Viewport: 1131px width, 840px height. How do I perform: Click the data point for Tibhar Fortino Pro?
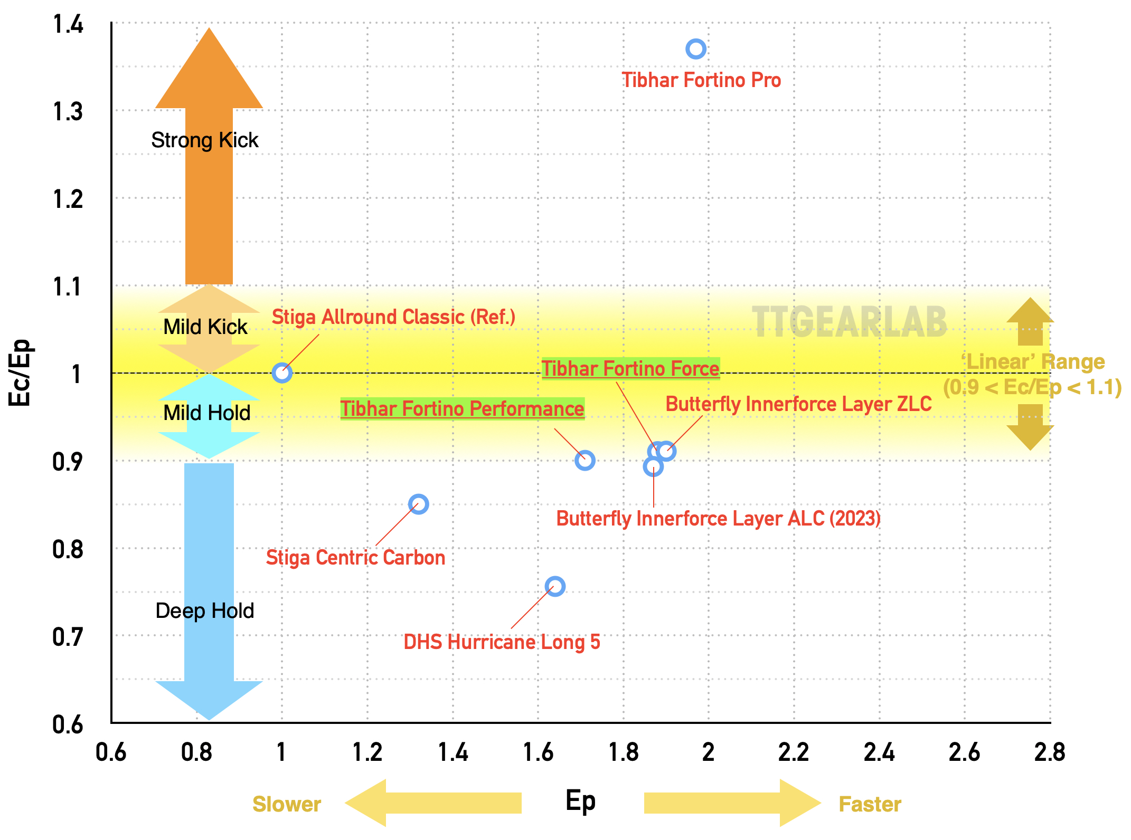[x=695, y=49]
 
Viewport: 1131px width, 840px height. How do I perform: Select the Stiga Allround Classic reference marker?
[x=281, y=373]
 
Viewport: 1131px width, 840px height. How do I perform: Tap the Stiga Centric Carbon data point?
[x=418, y=504]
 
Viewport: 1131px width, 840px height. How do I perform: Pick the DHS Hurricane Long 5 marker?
[x=554, y=586]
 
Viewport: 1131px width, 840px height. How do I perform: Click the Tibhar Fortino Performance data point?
[x=585, y=460]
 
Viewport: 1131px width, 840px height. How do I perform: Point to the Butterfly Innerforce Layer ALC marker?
[x=653, y=466]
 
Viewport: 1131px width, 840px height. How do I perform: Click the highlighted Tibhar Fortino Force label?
[x=630, y=368]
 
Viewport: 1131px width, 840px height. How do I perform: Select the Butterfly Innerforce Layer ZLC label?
[x=798, y=404]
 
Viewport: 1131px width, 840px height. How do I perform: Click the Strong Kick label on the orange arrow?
[x=205, y=140]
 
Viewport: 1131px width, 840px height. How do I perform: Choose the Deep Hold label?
[x=205, y=610]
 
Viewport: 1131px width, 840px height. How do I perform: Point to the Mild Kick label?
[x=205, y=327]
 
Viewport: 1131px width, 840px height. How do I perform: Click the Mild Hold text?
[x=206, y=413]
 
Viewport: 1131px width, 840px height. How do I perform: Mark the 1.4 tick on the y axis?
[x=68, y=24]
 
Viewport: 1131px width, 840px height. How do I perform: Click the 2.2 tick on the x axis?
[x=794, y=752]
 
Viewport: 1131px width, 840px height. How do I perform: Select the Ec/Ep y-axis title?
[x=20, y=372]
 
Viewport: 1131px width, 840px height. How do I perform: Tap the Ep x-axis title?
[x=580, y=801]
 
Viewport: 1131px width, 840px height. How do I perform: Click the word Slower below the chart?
[x=287, y=804]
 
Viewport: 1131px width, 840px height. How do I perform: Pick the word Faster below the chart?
[x=870, y=804]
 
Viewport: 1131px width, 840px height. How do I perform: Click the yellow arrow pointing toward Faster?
[x=731, y=803]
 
